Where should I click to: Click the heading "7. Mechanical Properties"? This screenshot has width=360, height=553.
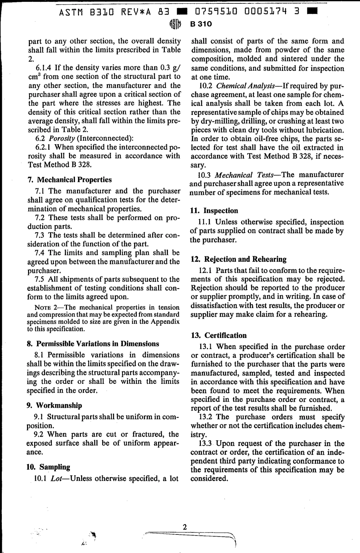69,180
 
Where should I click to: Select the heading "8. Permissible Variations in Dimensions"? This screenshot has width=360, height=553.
93,344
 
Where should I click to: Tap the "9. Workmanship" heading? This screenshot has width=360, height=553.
54,405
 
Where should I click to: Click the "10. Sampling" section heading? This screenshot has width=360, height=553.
49,467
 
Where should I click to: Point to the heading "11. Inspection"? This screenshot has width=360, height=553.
214,211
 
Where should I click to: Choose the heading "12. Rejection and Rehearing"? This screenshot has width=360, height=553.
239,259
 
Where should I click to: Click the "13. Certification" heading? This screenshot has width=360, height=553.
219,336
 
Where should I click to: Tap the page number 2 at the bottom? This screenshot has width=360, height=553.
185,527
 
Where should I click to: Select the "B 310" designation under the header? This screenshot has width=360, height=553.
201,24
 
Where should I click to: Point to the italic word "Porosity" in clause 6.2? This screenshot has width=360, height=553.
62,138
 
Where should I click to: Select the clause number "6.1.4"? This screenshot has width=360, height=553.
43,68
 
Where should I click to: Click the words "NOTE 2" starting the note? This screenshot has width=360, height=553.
47,308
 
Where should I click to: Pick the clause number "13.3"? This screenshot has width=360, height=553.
206,443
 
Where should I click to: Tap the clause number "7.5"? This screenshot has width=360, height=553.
40,280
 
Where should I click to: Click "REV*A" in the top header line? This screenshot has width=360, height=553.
136,12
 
